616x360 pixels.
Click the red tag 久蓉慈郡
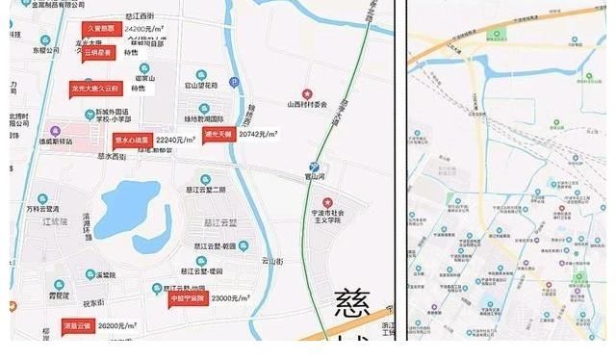(100, 30)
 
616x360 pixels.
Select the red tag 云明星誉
(99, 54)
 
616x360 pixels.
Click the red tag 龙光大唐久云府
(94, 89)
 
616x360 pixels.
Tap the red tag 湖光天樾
(218, 135)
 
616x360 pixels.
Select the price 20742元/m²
(258, 135)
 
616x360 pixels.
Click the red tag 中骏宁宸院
(188, 298)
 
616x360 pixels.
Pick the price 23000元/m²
(234, 298)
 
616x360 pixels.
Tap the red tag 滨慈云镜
(77, 325)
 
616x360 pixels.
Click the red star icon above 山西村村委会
(307, 93)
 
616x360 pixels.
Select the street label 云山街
(272, 261)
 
